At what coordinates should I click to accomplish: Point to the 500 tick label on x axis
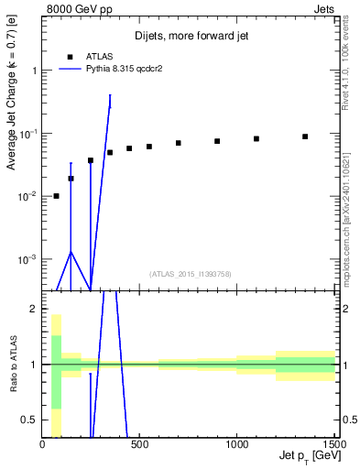(140, 445)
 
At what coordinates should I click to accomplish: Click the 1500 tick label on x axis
(334, 445)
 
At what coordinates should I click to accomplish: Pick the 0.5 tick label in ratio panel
(29, 420)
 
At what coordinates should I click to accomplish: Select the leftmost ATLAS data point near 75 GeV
(57, 196)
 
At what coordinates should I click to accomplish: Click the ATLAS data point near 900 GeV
(217, 141)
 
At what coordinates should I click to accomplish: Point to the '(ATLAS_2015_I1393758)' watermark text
(190, 274)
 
